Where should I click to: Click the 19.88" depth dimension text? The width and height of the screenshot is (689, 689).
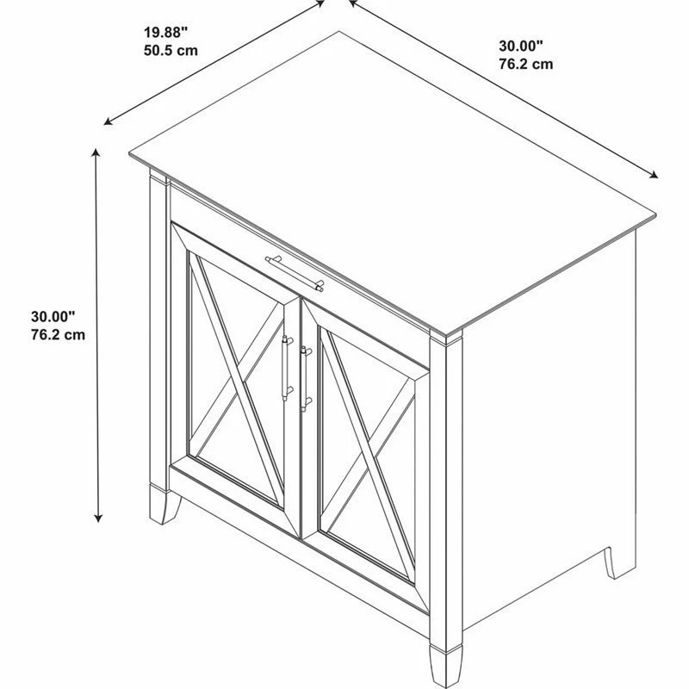[165, 32]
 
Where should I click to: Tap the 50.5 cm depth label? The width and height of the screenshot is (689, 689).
[171, 51]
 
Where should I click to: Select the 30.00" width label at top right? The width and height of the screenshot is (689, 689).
[521, 46]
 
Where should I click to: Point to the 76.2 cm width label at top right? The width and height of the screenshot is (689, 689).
[526, 64]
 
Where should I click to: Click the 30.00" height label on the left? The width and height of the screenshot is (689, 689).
[53, 316]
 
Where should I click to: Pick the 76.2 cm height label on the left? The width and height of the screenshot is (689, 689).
[58, 335]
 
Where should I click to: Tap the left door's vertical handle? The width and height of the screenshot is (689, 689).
[287, 369]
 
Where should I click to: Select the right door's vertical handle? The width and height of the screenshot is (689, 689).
[306, 379]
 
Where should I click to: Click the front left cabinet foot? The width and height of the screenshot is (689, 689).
[164, 506]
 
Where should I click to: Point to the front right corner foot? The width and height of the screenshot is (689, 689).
[445, 667]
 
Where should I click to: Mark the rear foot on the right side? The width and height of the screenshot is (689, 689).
[619, 563]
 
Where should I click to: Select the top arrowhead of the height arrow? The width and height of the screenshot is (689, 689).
[95, 152]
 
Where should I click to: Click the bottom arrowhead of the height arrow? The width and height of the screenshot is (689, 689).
[98, 518]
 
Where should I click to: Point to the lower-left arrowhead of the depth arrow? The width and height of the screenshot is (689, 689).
[108, 122]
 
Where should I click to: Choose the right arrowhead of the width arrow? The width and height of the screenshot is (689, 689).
[654, 175]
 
